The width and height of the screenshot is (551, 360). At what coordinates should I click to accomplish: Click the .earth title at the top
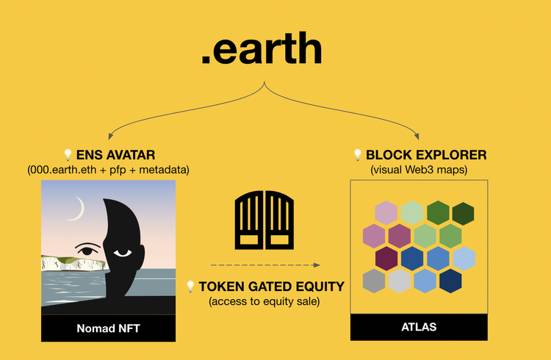coord(262,48)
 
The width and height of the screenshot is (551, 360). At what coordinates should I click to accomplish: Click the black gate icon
coord(264,220)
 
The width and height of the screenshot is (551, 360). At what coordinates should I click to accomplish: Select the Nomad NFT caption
coord(108,328)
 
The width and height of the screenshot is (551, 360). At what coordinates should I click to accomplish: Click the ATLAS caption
coord(419,327)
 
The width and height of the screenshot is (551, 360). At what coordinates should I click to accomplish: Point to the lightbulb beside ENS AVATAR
coord(68,155)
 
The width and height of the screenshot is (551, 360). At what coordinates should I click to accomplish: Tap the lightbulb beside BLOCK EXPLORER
coord(357,155)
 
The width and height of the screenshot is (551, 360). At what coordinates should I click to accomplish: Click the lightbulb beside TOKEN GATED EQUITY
coord(190,287)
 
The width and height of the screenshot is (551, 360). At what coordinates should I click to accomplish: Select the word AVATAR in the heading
coord(130,155)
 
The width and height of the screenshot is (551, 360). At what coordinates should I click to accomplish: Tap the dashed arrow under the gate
coord(265,265)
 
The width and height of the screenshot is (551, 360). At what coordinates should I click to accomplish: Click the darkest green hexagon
coord(463,213)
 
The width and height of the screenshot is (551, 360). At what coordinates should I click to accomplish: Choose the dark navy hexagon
coord(450,281)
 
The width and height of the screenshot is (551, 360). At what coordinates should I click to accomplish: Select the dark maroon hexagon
coord(386,259)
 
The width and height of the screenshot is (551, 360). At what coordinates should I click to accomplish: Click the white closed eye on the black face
coord(123,253)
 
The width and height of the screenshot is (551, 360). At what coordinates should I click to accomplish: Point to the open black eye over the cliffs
coord(86,249)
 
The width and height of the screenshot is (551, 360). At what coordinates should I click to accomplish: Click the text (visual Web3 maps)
coord(419,170)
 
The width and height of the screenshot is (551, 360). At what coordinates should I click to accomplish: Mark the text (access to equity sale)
coord(264,301)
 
